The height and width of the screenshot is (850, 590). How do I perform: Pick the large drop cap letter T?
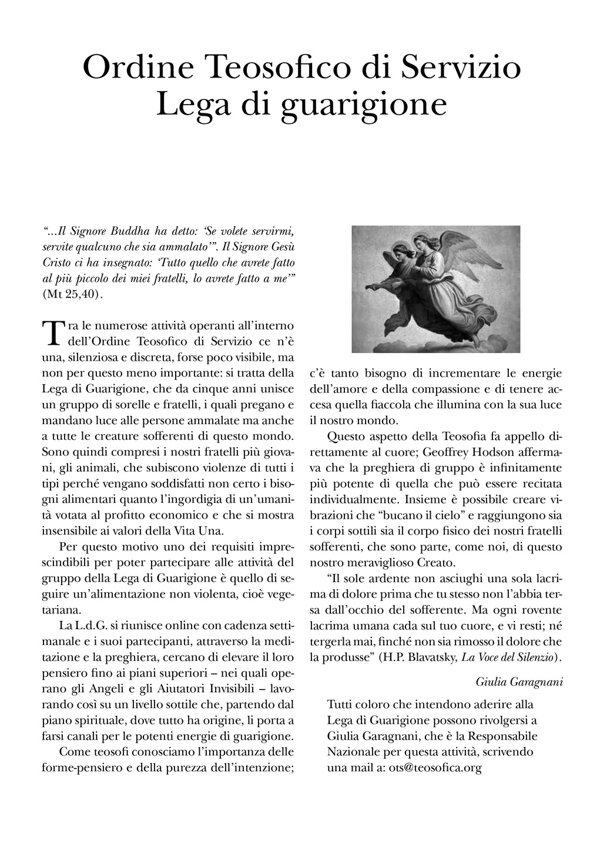[x=53, y=332]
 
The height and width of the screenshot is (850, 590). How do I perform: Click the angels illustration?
[x=435, y=288]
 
